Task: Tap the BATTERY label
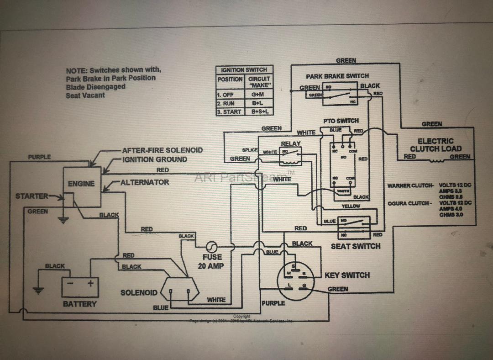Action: tap(80, 304)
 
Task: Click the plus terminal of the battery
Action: tap(90, 283)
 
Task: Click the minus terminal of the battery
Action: tap(70, 283)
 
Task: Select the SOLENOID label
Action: tap(139, 292)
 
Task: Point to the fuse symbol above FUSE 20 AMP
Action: tap(212, 247)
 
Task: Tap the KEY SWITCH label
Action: tap(347, 275)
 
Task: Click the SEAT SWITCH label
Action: tap(355, 246)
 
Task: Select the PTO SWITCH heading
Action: tap(341, 121)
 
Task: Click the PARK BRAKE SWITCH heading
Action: tap(337, 76)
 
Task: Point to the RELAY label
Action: tap(290, 144)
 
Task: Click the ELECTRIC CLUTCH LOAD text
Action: tap(435, 145)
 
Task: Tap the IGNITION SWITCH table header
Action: tap(244, 70)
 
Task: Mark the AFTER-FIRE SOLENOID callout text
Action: tap(162, 150)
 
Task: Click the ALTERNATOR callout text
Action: tap(145, 182)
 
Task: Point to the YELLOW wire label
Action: tap(351, 206)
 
